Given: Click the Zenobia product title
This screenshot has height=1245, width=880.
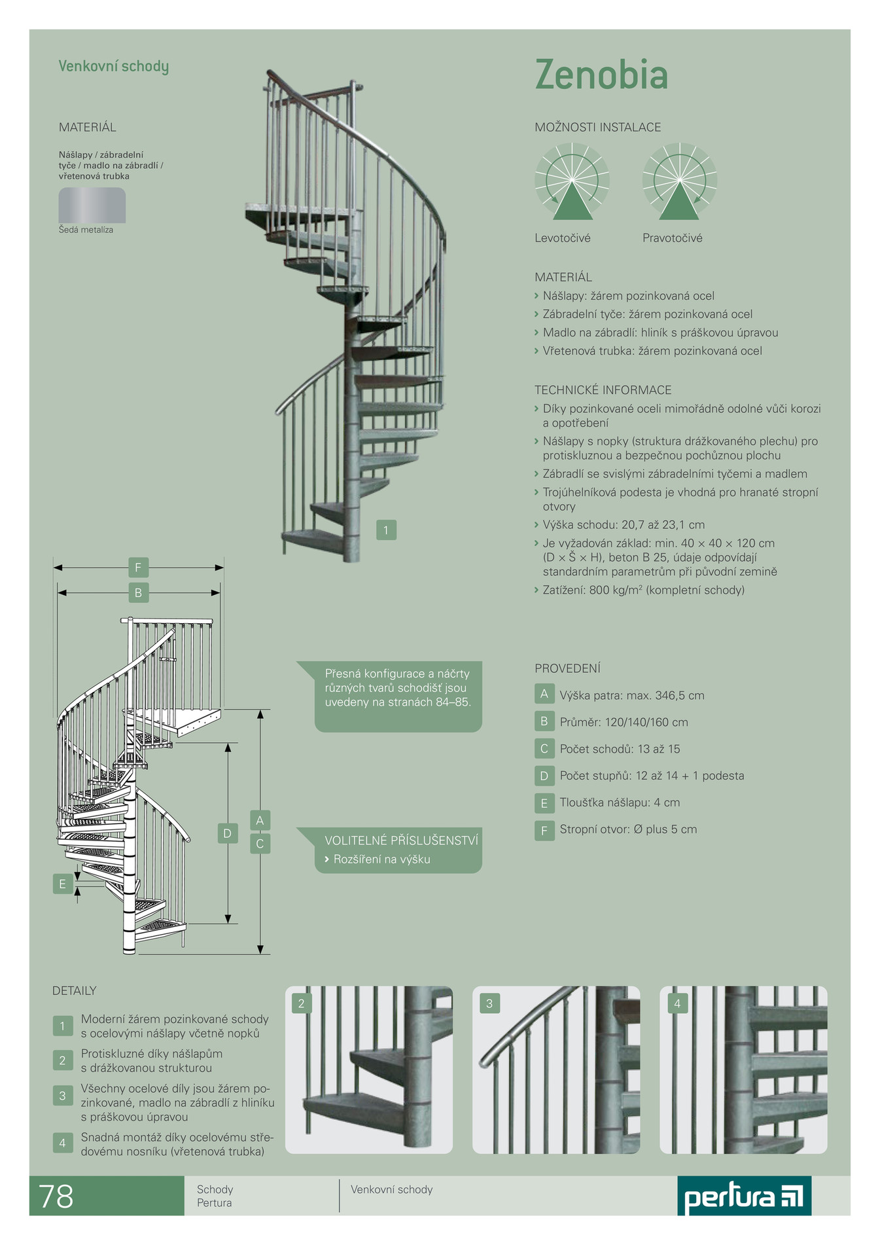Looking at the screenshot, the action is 601,75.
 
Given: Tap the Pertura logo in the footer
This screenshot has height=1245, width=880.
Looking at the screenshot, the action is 744,1196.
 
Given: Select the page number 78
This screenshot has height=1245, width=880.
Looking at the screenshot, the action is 56,1196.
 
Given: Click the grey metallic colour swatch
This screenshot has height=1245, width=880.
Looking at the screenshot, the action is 92,206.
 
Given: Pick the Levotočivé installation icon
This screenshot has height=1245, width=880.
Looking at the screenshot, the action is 572,181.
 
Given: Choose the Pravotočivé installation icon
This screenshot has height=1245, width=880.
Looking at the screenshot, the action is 680,181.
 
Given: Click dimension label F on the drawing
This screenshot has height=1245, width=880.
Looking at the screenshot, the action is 138,567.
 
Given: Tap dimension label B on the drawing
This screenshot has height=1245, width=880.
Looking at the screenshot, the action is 138,593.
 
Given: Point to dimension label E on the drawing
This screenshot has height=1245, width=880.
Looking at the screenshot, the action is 63,884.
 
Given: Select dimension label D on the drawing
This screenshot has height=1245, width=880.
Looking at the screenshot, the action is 228,833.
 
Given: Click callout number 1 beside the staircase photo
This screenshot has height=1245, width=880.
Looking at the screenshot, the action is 386,530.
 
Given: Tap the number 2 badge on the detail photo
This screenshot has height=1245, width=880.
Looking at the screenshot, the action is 302,1003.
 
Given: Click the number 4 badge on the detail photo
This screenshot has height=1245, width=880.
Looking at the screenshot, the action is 677,1003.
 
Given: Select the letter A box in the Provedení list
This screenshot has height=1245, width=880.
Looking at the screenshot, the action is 544,695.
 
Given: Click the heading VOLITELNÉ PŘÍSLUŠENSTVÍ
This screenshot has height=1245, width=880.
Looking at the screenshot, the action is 402,840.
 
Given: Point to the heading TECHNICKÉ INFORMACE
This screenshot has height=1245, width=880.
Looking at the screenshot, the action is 603,390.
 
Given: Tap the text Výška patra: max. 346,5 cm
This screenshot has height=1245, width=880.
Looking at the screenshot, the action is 632,696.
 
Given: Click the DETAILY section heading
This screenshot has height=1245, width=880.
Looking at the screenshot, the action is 75,990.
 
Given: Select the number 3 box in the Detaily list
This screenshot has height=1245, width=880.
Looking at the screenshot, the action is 63,1095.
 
